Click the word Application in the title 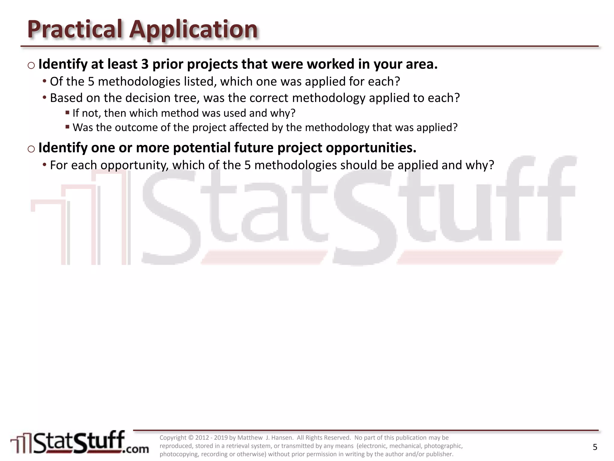[193, 29]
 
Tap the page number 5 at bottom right [595, 447]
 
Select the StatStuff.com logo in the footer [79, 443]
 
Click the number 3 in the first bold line [145, 64]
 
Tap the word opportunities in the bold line [371, 148]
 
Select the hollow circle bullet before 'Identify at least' [31, 65]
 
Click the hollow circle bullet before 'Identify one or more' [31, 149]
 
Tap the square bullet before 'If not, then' [67, 113]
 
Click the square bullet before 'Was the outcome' [67, 127]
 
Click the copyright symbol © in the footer [191, 438]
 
